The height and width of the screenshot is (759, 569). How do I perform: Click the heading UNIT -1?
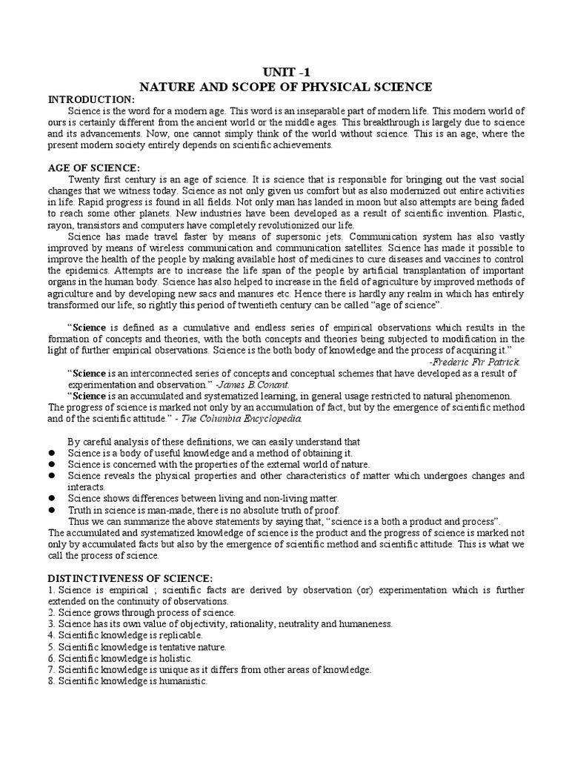pos(284,73)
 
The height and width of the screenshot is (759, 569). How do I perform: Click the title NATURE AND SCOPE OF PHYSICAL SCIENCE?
pos(284,87)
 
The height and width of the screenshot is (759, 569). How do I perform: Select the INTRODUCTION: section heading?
pos(92,99)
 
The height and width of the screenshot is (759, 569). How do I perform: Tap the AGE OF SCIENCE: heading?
pos(93,169)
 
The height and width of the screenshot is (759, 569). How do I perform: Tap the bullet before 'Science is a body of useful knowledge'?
pos(52,453)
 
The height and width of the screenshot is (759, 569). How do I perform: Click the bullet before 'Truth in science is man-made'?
pos(52,510)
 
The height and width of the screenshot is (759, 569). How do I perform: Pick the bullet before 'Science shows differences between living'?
pos(52,498)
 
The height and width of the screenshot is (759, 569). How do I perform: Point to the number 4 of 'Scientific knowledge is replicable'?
pos(51,635)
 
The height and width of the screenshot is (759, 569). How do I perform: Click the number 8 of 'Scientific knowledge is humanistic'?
pos(51,681)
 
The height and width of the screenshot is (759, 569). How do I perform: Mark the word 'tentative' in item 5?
pos(175,646)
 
